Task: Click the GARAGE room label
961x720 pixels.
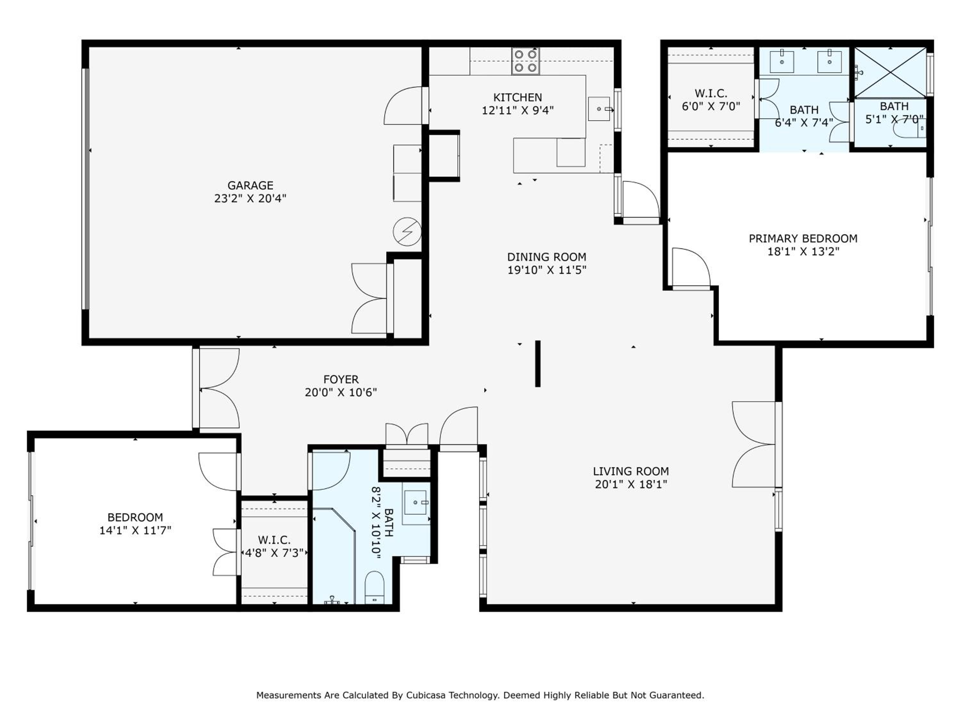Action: click(250, 185)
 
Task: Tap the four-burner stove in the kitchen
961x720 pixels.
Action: click(526, 61)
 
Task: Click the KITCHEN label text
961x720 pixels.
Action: click(517, 97)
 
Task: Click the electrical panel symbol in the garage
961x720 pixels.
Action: click(407, 231)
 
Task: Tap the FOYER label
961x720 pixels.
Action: click(341, 379)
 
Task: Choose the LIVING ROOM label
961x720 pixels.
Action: click(631, 471)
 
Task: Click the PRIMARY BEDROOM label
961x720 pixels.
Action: click(803, 238)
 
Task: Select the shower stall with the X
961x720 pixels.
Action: click(890, 72)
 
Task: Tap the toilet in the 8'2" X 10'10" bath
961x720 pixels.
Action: click(374, 587)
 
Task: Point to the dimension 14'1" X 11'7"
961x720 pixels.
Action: click(135, 530)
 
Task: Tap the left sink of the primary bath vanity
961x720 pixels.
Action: click(782, 61)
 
